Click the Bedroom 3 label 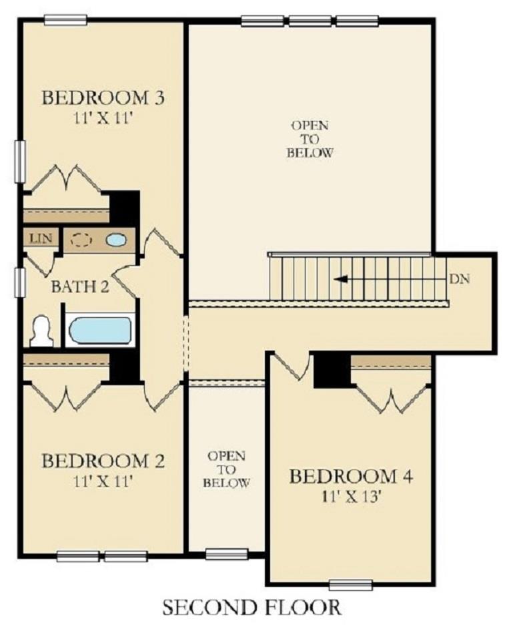click(103, 98)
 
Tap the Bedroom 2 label click(103, 461)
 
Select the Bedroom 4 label click(351, 476)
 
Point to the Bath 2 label click(80, 287)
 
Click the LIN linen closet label click(41, 238)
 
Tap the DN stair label click(460, 278)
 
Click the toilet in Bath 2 click(42, 332)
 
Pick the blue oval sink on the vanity click(116, 240)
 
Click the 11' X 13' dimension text click(351, 497)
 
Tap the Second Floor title click(252, 607)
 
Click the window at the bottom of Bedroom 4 click(351, 585)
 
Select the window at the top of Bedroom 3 click(65, 19)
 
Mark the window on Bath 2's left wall click(20, 282)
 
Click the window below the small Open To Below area click(227, 554)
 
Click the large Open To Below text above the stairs click(310, 139)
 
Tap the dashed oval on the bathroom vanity click(81, 240)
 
